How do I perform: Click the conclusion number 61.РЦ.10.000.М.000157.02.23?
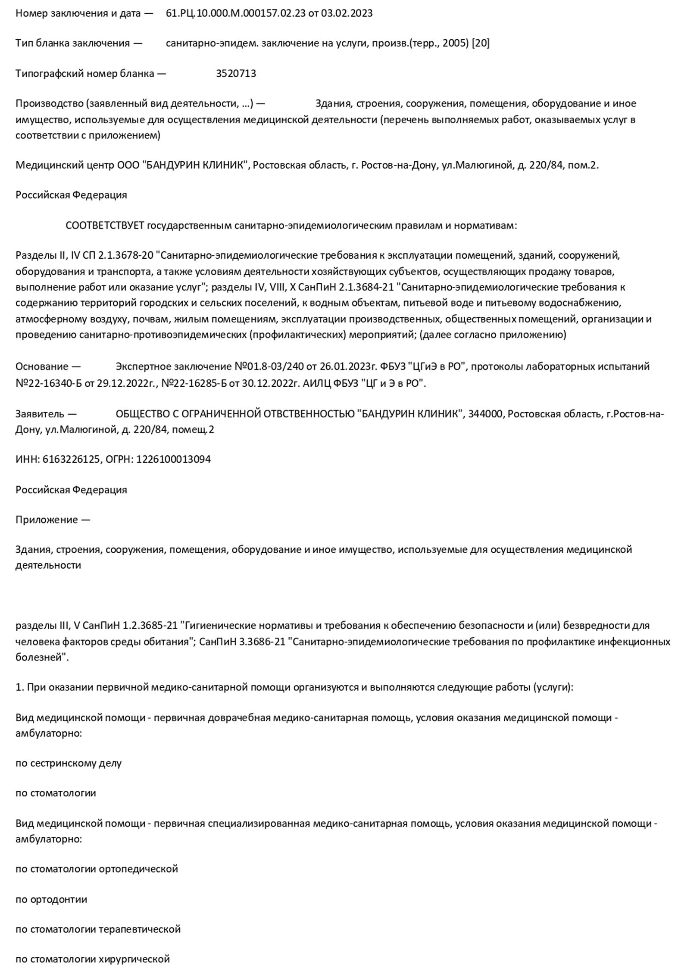(x=236, y=13)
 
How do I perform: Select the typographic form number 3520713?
(x=236, y=74)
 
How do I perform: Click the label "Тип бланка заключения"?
(x=72, y=44)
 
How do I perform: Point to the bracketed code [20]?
(x=481, y=44)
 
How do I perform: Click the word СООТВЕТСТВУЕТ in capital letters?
(x=105, y=225)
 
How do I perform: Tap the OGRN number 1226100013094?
(x=173, y=460)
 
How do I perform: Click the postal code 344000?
(x=485, y=414)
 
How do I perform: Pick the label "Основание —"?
(x=48, y=367)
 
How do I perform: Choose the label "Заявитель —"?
(x=46, y=414)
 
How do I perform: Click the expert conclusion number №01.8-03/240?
(x=269, y=367)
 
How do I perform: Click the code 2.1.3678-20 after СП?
(x=125, y=256)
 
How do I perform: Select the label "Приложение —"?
(x=53, y=520)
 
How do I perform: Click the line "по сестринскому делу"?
(x=69, y=763)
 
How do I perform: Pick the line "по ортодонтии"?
(x=51, y=899)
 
